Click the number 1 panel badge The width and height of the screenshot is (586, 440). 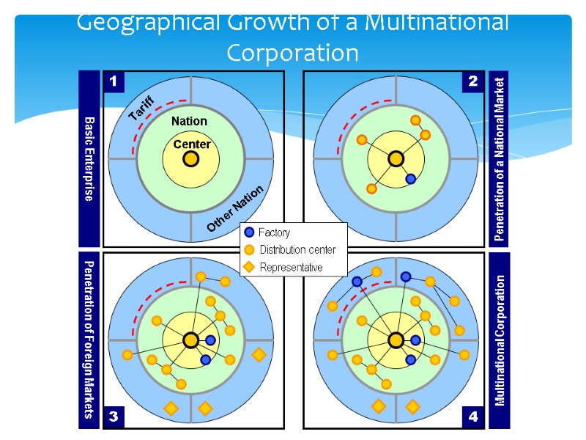pos(114,82)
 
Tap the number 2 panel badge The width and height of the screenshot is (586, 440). pos(472,82)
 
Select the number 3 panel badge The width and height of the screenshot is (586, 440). pos(114,417)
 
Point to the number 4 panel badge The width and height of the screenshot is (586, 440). pos(472,417)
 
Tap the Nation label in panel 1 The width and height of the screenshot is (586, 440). pos(189,121)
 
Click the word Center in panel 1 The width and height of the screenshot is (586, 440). pos(191,144)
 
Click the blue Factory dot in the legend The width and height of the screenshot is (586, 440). pos(250,232)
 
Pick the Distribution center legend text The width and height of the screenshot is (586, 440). pos(297,250)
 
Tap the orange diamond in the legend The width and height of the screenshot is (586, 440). pos(250,268)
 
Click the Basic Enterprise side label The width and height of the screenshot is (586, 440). pos(89,158)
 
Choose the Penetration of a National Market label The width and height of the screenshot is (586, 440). pos(500,158)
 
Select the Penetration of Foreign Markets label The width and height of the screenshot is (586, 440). pos(89,340)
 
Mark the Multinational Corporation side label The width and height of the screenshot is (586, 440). pos(500,340)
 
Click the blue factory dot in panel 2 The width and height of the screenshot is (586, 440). pos(411,179)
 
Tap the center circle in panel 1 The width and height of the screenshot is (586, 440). pos(190,158)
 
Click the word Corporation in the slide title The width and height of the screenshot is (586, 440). pos(292,53)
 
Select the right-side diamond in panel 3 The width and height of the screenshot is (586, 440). pos(259,355)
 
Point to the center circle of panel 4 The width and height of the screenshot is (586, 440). pos(396,340)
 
